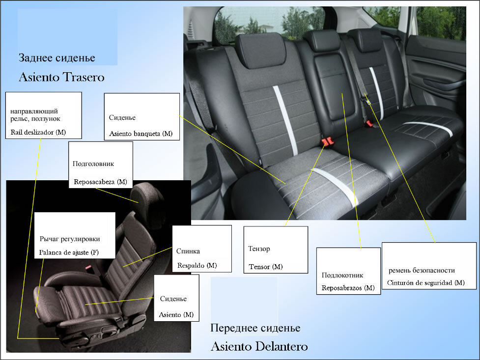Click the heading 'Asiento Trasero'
[61, 77]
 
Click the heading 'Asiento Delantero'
[259, 346]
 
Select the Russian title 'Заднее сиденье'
[57, 58]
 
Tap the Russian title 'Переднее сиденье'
[255, 328]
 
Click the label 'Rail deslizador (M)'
[38, 132]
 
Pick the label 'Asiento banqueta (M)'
[141, 134]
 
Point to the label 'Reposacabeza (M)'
[100, 182]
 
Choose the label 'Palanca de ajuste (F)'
[69, 252]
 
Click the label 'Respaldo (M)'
[197, 265]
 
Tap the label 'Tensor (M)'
[266, 267]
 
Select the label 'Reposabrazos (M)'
[348, 288]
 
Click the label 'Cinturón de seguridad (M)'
[426, 282]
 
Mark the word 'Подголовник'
[93, 164]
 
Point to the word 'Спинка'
[188, 251]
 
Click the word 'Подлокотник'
[342, 275]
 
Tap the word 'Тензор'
[259, 249]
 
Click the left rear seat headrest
[260, 50]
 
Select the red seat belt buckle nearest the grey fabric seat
[327, 141]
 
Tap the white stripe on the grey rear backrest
[285, 120]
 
